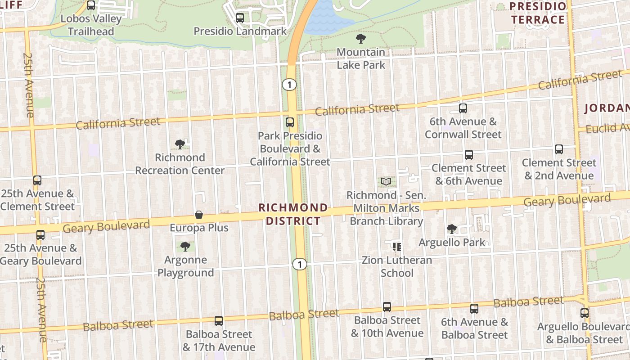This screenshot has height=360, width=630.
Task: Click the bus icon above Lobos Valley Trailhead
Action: click(x=91, y=6)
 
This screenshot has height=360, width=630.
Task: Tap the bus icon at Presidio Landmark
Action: click(x=240, y=18)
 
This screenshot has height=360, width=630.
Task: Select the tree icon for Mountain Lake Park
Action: click(x=360, y=39)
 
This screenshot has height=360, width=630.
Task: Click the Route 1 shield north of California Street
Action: click(x=289, y=84)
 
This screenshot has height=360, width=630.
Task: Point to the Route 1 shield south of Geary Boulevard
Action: click(x=299, y=264)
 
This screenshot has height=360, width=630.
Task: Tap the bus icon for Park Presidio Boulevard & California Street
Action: click(x=290, y=122)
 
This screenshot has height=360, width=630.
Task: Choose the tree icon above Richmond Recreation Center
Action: click(x=180, y=144)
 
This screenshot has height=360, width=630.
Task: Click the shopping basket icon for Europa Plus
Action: click(x=199, y=215)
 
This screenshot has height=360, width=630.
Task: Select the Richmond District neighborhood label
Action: click(x=293, y=214)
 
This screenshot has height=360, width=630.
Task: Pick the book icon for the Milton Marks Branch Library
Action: click(x=386, y=182)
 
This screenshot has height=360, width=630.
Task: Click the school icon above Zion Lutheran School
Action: click(x=397, y=247)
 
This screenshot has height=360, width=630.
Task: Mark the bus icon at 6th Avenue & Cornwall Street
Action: click(x=463, y=108)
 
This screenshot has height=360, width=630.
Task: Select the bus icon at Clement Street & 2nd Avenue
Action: click(x=559, y=149)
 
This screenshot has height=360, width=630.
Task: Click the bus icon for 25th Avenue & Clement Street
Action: click(x=37, y=180)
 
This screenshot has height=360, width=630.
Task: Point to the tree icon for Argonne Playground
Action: click(x=185, y=247)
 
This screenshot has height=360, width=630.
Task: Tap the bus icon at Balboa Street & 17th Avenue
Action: click(x=219, y=321)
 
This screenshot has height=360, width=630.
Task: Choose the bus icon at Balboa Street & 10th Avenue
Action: click(x=387, y=307)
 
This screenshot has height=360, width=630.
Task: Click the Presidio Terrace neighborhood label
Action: click(x=538, y=13)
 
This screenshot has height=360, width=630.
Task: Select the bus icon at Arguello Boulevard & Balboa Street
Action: click(x=585, y=313)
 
